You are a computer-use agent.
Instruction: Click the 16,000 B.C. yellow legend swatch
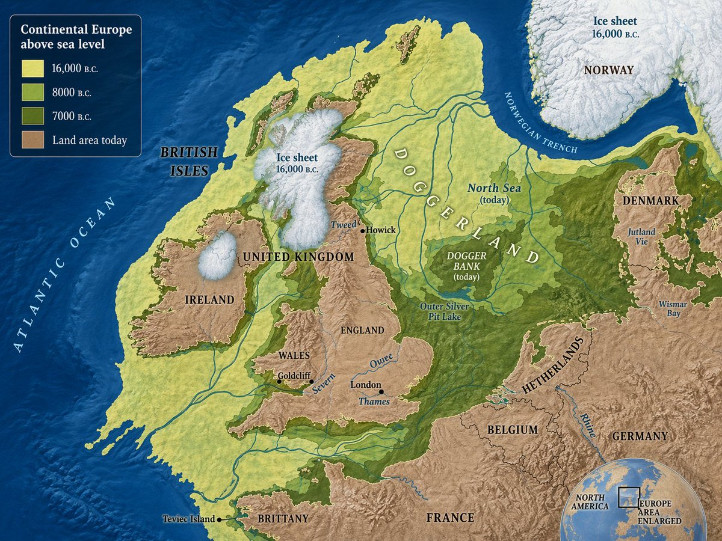point(34,69)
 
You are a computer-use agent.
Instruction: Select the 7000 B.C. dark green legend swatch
point(34,117)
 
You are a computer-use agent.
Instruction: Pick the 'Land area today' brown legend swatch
point(34,141)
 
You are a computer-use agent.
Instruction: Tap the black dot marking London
point(381,391)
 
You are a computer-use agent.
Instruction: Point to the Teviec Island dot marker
point(220,519)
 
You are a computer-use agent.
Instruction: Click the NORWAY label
point(609,70)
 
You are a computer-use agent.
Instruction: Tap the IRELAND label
point(209,299)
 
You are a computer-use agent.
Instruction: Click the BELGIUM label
point(513,430)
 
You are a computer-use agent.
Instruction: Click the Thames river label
point(374,402)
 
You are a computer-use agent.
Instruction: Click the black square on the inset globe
point(629,497)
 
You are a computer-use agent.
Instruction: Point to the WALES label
point(294,355)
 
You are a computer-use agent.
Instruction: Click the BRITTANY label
point(283,518)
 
